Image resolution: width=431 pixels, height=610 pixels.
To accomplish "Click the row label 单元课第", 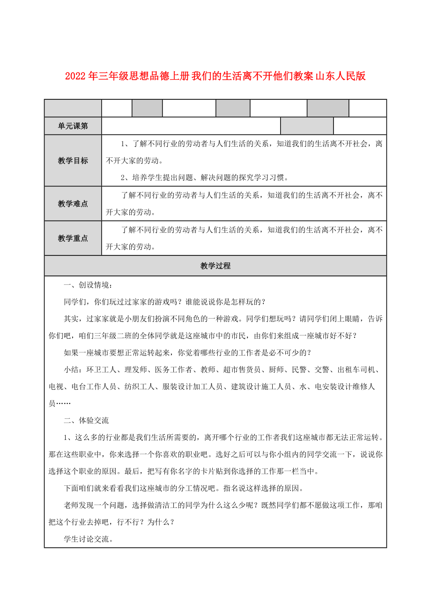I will (73, 126).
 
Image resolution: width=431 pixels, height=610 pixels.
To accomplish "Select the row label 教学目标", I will (73, 161).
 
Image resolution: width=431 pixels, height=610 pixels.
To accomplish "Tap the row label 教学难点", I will (73, 203).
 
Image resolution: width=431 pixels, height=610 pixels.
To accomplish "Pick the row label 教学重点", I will (73, 238).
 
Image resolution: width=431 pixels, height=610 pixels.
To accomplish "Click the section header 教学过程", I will (215, 266).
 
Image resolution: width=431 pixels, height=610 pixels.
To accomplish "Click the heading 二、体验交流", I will (86, 420).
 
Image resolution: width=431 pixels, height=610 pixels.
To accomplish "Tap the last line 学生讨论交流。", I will (88, 539).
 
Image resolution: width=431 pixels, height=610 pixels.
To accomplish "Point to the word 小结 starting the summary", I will (71, 370).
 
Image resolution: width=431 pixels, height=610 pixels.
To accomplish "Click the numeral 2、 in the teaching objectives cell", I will (125, 178).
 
